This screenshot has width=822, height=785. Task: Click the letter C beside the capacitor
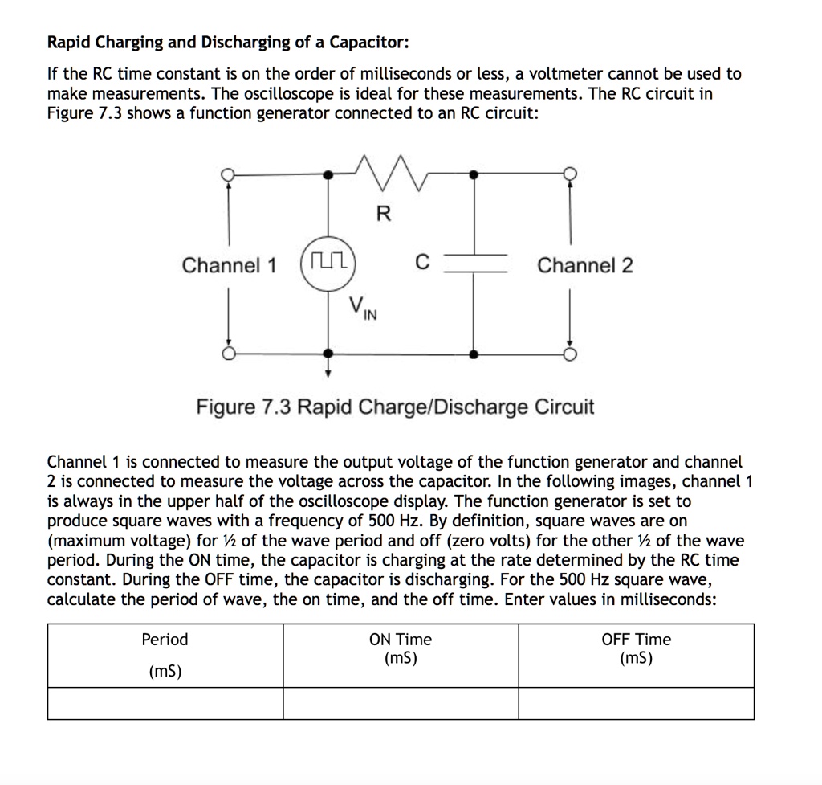(422, 262)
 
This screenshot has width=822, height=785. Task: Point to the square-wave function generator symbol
(328, 264)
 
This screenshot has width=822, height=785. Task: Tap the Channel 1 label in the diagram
(229, 265)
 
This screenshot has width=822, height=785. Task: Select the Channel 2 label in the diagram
(584, 265)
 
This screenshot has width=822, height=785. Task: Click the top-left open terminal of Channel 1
(229, 174)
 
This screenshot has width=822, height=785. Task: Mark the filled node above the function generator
(328, 174)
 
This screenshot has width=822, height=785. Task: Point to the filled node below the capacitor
(474, 354)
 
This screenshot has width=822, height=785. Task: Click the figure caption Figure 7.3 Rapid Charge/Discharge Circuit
(396, 407)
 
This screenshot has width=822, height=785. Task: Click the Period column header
(165, 640)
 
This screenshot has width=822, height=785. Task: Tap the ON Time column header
(400, 640)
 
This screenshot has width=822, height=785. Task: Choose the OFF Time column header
(636, 640)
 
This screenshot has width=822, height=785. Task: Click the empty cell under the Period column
(165, 703)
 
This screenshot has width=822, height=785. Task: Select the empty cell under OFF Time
(636, 703)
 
